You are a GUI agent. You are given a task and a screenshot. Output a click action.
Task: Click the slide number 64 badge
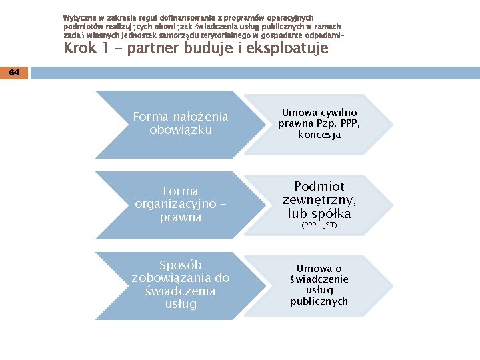[14, 73]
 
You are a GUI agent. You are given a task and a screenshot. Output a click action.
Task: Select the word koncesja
[319, 135]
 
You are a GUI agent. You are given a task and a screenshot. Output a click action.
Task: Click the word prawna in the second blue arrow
[181, 218]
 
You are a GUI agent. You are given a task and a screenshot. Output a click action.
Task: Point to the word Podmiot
[319, 186]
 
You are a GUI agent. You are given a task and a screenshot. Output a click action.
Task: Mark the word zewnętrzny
[319, 200]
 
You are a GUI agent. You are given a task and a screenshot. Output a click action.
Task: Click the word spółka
[331, 214]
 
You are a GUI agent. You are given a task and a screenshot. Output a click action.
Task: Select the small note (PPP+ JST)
[319, 225]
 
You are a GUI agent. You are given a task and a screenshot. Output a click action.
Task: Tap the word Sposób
[181, 265]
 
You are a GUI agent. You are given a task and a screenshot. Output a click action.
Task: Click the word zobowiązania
[173, 278]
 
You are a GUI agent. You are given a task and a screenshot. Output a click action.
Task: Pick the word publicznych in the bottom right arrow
[319, 301]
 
